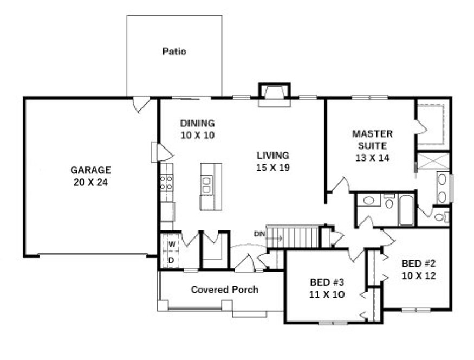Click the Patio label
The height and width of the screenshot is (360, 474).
point(174,52)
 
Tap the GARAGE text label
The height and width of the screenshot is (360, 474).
point(90,169)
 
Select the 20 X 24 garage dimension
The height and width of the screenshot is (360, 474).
point(90,182)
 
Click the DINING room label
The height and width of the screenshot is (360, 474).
point(197,123)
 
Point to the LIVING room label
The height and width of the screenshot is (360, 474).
point(273,155)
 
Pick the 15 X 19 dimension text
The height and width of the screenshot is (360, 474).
point(273,168)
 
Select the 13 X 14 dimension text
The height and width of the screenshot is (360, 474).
point(372,158)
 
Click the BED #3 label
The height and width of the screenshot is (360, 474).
point(327,282)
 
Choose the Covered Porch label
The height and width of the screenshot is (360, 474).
point(224,290)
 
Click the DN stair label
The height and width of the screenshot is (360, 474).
point(259,234)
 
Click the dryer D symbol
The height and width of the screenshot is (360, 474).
point(171,260)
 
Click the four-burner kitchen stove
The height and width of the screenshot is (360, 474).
point(165,183)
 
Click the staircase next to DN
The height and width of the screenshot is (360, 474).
point(300,237)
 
